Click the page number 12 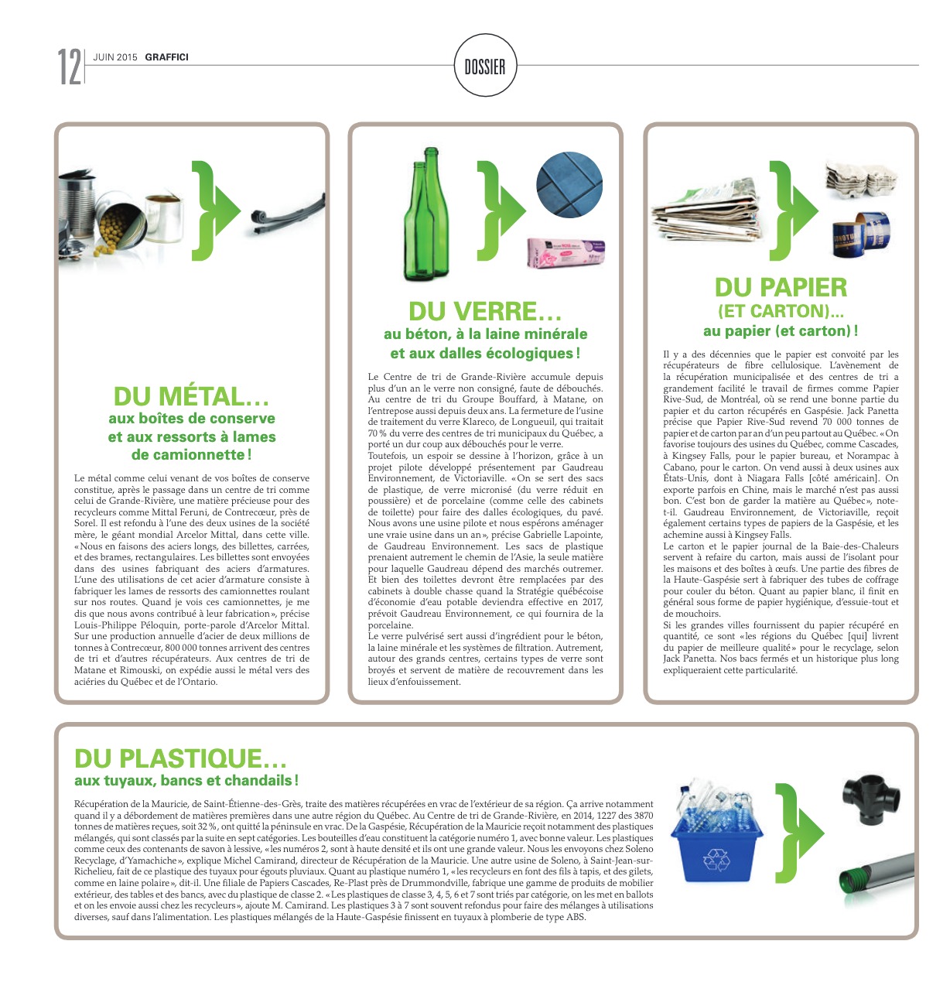point(69,67)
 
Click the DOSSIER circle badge point(485,67)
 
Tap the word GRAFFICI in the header point(166,57)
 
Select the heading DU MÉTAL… point(191,397)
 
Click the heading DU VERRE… point(485,312)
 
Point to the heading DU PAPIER point(781,288)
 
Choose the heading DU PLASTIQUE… point(180,758)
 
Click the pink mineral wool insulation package point(566,252)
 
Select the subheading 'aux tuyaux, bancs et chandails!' point(186,781)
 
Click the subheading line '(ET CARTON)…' point(781,312)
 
